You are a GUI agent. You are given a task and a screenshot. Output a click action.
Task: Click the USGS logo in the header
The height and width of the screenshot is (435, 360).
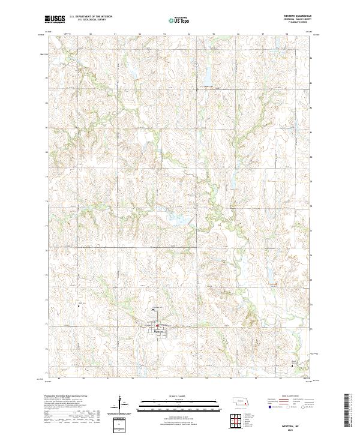coord(55,20)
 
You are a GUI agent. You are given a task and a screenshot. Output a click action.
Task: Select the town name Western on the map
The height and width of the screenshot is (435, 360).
coord(158,329)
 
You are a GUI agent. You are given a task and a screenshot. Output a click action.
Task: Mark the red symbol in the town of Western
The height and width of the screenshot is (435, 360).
coord(157,326)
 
